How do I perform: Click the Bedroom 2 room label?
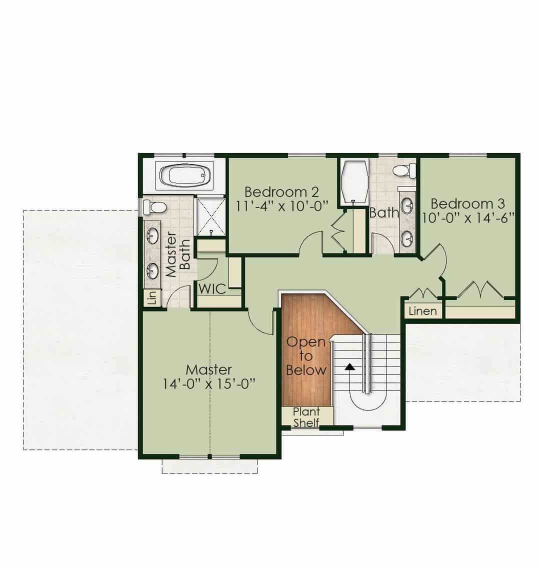click(x=281, y=191)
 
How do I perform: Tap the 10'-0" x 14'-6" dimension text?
click(x=468, y=218)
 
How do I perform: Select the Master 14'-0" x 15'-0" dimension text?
click(x=208, y=383)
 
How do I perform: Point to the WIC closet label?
click(x=212, y=289)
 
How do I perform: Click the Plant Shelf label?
click(x=306, y=417)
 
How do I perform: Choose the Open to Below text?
click(x=306, y=356)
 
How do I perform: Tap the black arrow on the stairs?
click(x=349, y=366)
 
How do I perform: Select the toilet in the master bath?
click(x=154, y=207)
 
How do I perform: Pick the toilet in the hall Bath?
click(x=404, y=170)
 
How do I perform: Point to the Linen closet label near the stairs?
click(x=422, y=311)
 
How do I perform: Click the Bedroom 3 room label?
click(x=467, y=204)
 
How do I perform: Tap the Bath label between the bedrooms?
click(x=384, y=212)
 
